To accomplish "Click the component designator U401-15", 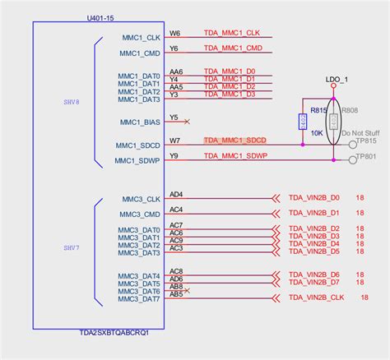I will pyautogui.click(x=100, y=17).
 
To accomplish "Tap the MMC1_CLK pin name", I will pyautogui.click(x=140, y=38).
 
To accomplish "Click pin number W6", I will pyautogui.click(x=174, y=35).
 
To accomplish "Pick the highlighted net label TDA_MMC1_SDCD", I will pyautogui.click(x=236, y=141).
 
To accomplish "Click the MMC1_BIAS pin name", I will pyautogui.click(x=140, y=122).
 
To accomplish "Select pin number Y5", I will pyautogui.click(x=174, y=118).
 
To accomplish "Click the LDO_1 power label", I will pyautogui.click(x=337, y=79).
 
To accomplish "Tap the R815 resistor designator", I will pyautogui.click(x=319, y=109).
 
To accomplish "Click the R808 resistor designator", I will pyautogui.click(x=351, y=109).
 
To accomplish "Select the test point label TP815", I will pyautogui.click(x=367, y=142).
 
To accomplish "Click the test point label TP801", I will pyautogui.click(x=367, y=156).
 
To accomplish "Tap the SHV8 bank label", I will pyautogui.click(x=72, y=104).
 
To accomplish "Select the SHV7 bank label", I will pyautogui.click(x=72, y=247).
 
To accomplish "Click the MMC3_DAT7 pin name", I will pyautogui.click(x=139, y=299).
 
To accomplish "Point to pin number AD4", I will pyautogui.click(x=176, y=195).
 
